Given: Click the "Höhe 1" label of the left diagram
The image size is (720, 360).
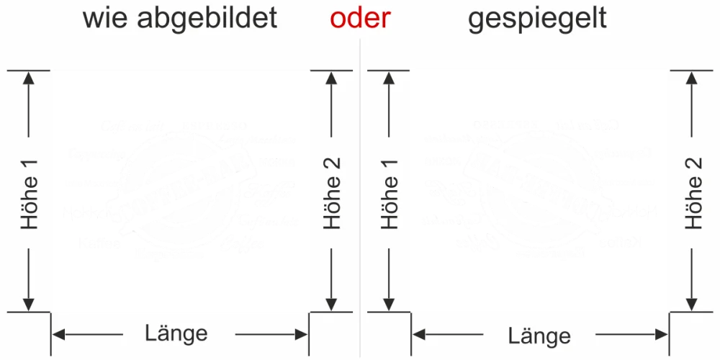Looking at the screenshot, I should point(30,192).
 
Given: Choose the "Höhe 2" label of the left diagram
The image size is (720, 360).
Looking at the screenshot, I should point(332,192).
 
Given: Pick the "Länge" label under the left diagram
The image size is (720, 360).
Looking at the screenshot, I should point(176,333).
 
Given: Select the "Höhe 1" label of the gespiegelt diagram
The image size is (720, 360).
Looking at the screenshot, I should point(390,192).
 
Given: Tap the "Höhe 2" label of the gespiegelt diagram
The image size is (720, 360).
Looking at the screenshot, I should point(693,192).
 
